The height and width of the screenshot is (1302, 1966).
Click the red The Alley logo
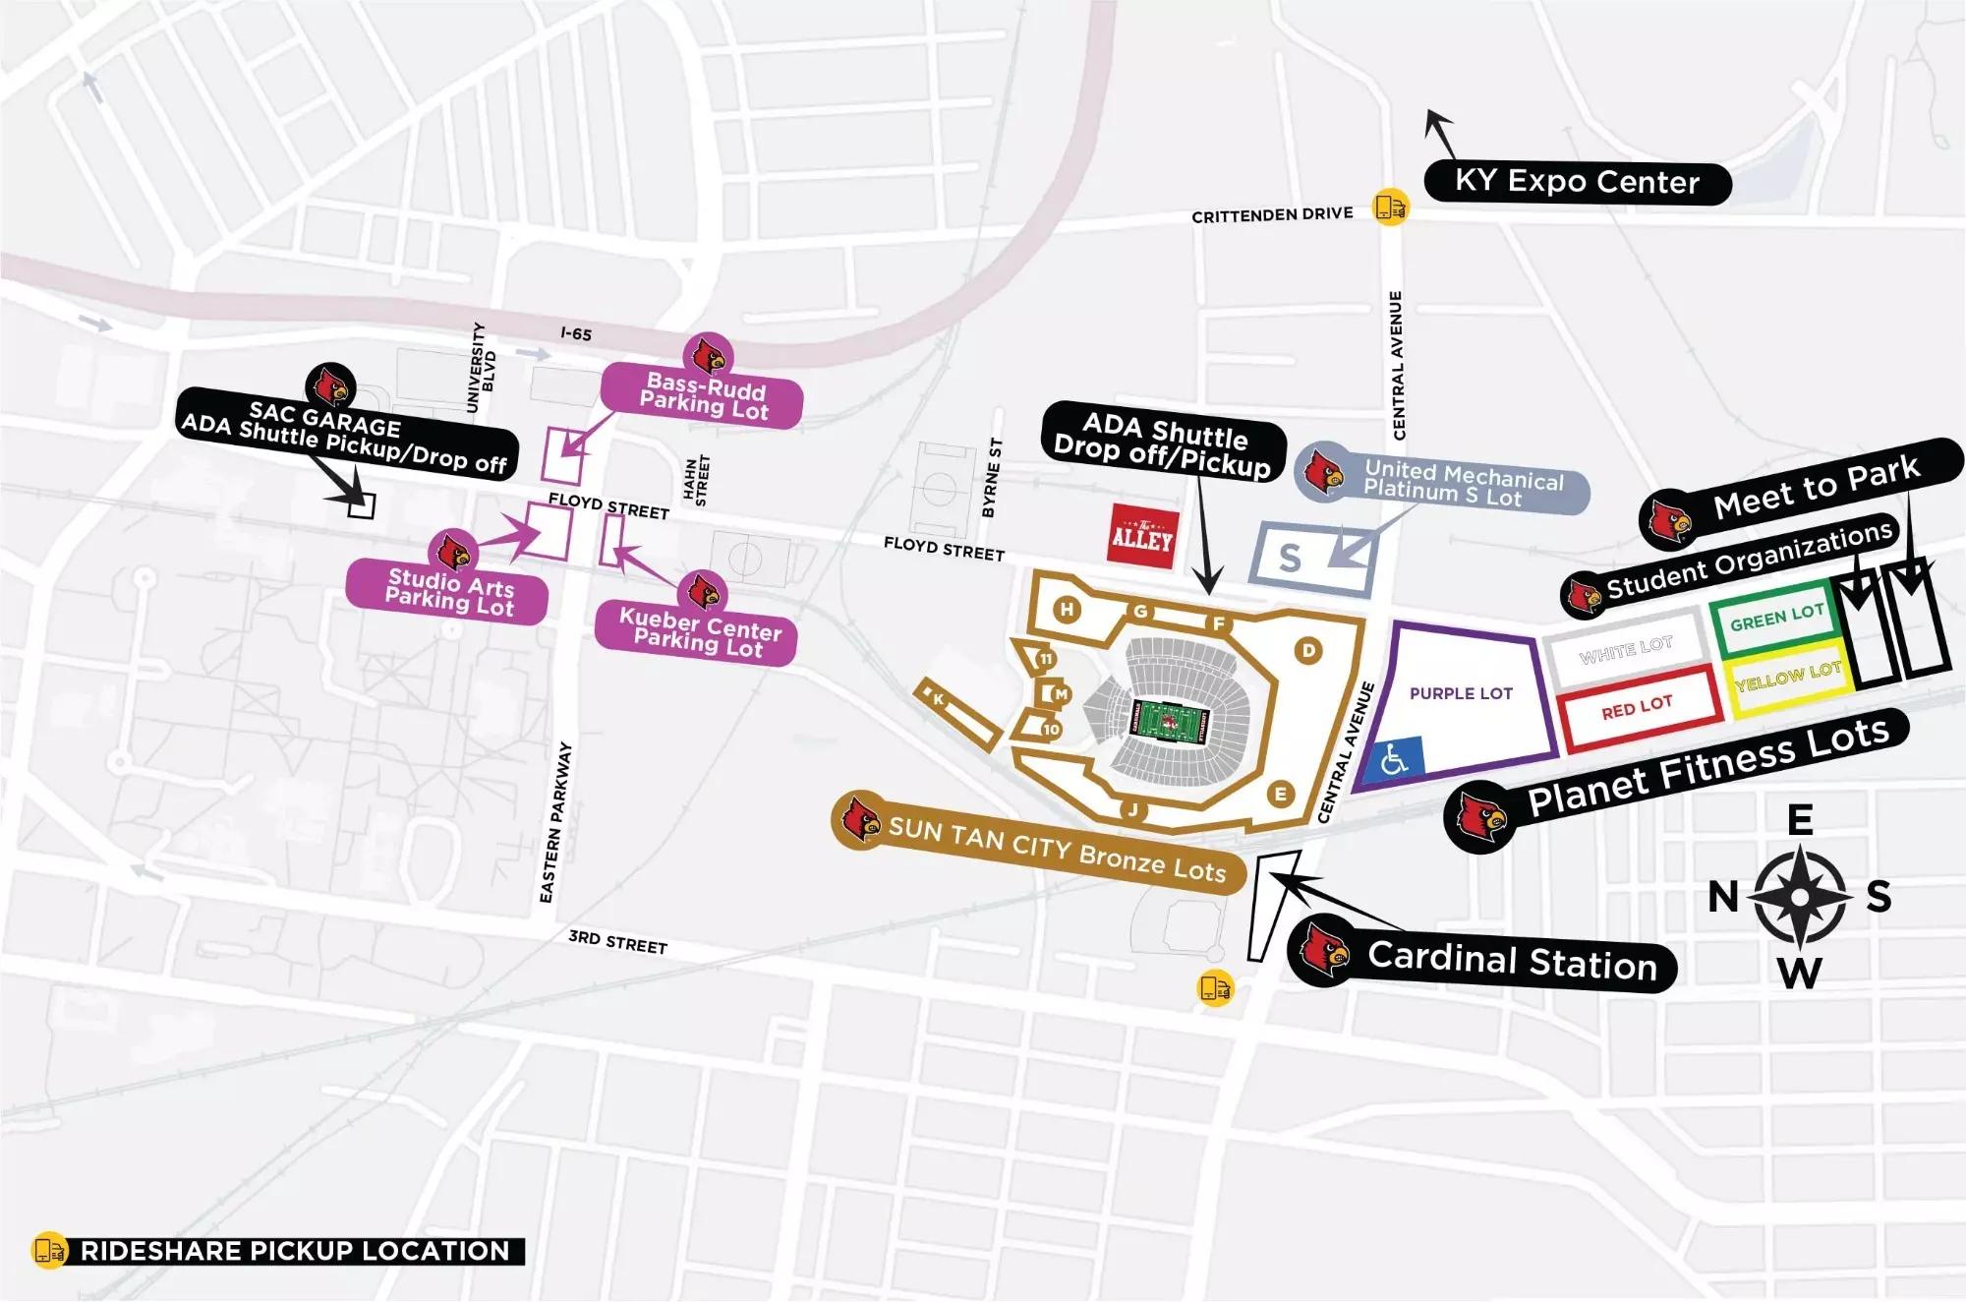click(x=1141, y=536)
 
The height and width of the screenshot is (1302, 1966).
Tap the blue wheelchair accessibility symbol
click(x=1394, y=759)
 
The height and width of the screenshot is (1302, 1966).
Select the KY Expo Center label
click(x=1577, y=183)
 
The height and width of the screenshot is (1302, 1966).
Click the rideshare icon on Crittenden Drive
click(x=1391, y=207)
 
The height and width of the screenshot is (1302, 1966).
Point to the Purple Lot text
click(x=1461, y=693)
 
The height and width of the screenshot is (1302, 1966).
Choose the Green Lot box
click(x=1776, y=618)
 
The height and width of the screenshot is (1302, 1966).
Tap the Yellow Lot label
click(x=1788, y=677)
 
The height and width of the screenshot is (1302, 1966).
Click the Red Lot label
click(x=1637, y=707)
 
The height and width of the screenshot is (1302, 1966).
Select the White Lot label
click(x=1626, y=650)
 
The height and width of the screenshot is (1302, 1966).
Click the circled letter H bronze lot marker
click(x=1068, y=610)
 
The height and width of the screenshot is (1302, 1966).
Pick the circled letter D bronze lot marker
click(x=1308, y=650)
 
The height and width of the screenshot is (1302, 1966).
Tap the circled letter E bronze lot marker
click(x=1280, y=794)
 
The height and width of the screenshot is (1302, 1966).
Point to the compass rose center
click(x=1800, y=897)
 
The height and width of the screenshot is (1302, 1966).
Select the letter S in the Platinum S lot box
click(x=1290, y=560)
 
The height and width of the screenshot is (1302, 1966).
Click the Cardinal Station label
click(x=1512, y=960)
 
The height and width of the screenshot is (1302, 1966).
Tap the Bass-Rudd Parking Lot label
click(x=703, y=395)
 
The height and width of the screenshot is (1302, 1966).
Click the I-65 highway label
click(x=576, y=334)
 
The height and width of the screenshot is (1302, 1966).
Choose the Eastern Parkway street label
click(x=555, y=822)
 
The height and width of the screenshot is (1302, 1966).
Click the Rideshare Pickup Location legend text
click(x=295, y=1251)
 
